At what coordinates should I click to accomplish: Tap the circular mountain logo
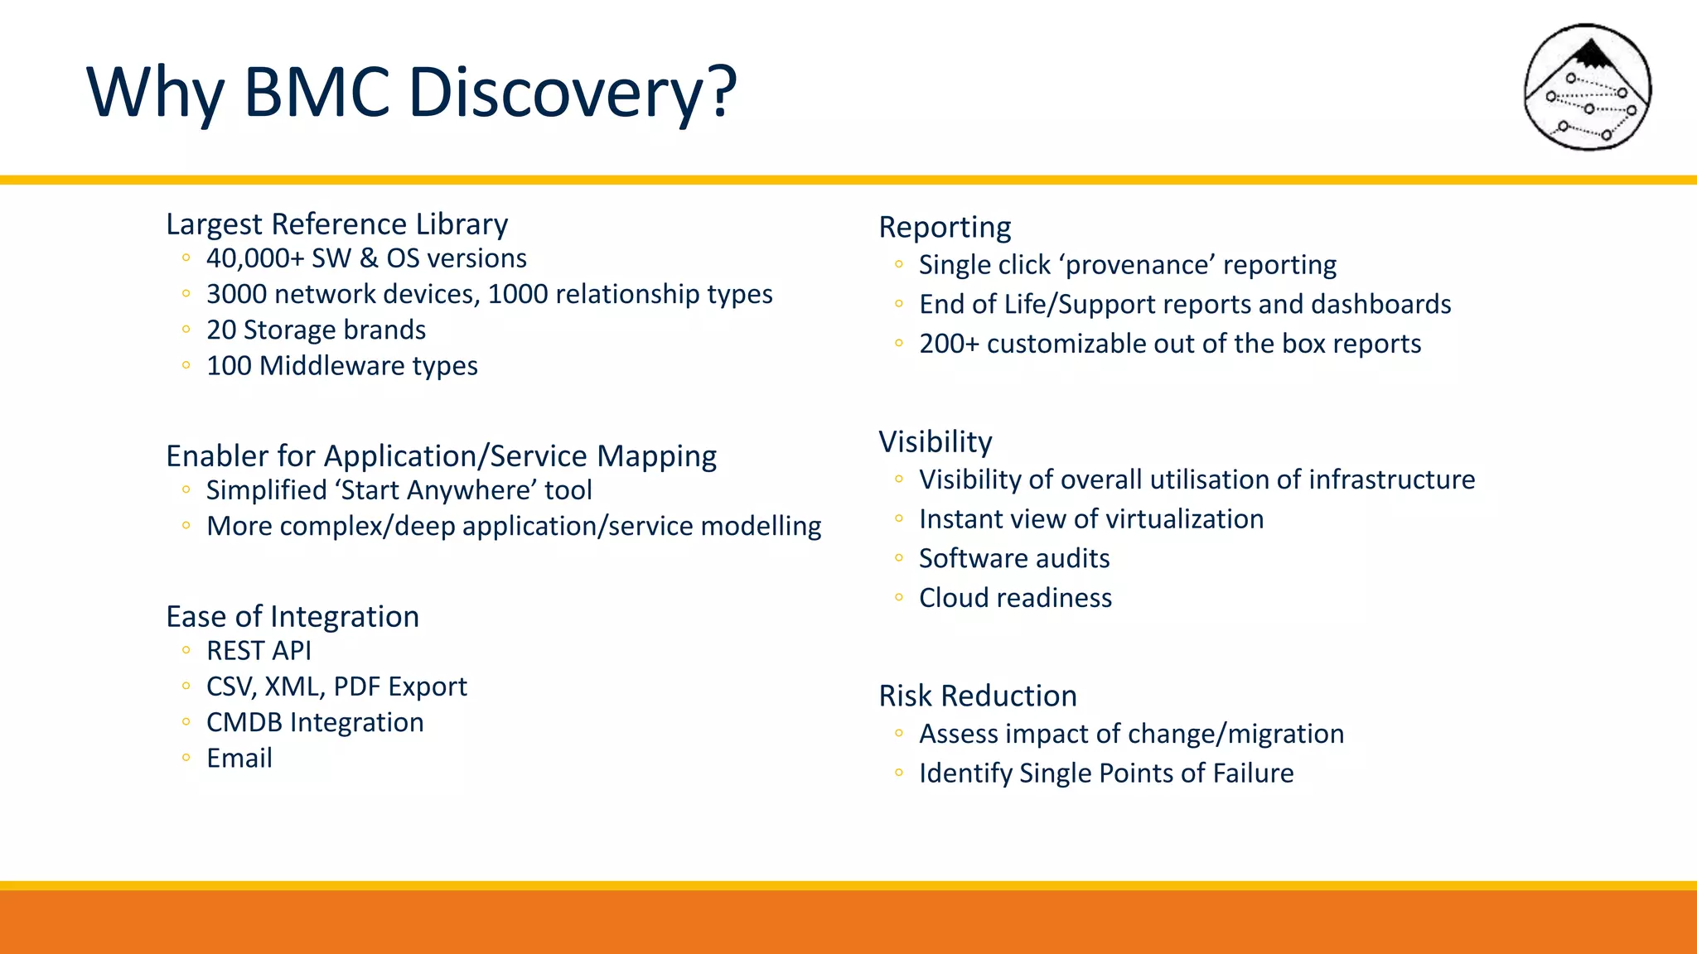pyautogui.click(x=1587, y=88)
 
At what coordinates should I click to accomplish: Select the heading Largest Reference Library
pyautogui.click(x=336, y=224)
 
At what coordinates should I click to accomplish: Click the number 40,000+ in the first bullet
pyautogui.click(x=255, y=258)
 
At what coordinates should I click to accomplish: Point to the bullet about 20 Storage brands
pyautogui.click(x=316, y=330)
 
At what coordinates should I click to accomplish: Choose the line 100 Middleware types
pyautogui.click(x=341, y=365)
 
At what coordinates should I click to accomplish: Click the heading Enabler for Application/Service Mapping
pyautogui.click(x=441, y=455)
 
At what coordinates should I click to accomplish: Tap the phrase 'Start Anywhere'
pyautogui.click(x=436, y=490)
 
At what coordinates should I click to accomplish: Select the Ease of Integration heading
pyautogui.click(x=292, y=616)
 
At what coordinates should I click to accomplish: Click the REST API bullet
pyautogui.click(x=259, y=651)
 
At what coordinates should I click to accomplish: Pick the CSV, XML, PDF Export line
pyautogui.click(x=336, y=687)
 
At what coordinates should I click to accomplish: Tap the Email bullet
pyautogui.click(x=239, y=758)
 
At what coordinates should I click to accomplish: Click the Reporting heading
pyautogui.click(x=945, y=227)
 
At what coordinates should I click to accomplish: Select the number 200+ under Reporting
pyautogui.click(x=949, y=344)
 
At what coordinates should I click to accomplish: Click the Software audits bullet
pyautogui.click(x=1014, y=558)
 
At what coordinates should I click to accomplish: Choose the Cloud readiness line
pyautogui.click(x=1015, y=598)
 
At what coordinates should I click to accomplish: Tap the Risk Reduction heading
pyautogui.click(x=978, y=696)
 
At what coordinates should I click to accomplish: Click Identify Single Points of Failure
pyautogui.click(x=1106, y=773)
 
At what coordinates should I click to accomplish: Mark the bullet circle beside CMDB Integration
pyautogui.click(x=186, y=722)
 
